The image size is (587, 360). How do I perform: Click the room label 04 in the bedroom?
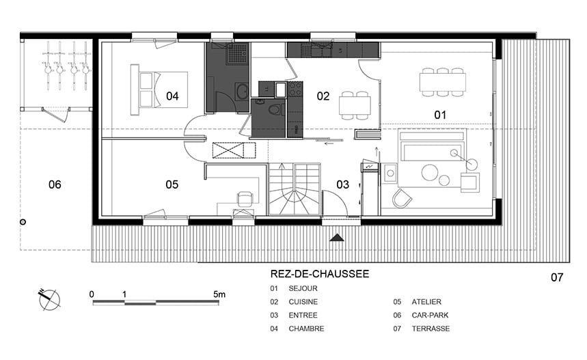(x=172, y=96)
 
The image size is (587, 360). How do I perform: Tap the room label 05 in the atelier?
(x=172, y=184)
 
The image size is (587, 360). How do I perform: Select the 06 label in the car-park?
(x=55, y=184)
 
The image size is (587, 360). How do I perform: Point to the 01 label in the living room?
(x=440, y=115)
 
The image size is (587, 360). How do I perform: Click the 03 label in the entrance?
(x=342, y=184)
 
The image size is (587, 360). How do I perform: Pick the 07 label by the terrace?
(x=557, y=277)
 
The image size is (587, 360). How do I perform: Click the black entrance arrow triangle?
(x=337, y=238)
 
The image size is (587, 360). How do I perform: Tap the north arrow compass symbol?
(x=49, y=299)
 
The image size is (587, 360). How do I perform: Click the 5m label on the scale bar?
(x=219, y=294)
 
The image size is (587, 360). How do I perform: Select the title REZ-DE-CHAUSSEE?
(x=320, y=274)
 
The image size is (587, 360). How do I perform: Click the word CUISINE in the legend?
(x=303, y=302)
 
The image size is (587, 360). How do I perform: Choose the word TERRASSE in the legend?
(x=431, y=329)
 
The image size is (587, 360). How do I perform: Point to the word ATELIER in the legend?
(x=426, y=302)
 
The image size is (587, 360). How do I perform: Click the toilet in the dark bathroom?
(x=275, y=110)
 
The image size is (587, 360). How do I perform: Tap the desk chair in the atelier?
(x=245, y=199)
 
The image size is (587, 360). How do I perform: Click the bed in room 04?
(x=159, y=89)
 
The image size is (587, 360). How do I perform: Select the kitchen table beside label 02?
(x=355, y=105)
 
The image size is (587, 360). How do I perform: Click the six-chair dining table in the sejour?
(x=443, y=83)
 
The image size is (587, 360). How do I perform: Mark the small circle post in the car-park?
(x=23, y=222)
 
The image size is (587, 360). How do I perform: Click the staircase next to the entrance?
(x=295, y=189)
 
